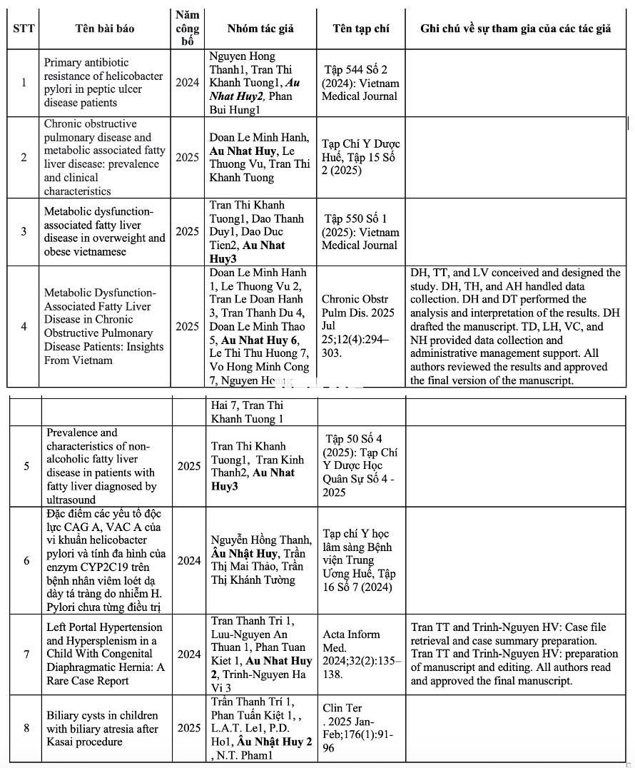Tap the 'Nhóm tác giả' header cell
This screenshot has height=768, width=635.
[x=260, y=29]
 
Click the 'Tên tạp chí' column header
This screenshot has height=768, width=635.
[x=361, y=29]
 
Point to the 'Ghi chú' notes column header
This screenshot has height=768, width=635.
[x=515, y=29]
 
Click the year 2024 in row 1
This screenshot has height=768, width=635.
[x=188, y=83]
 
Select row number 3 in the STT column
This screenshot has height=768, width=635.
[x=24, y=231]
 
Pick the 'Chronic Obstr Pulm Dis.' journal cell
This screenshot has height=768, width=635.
[x=360, y=326]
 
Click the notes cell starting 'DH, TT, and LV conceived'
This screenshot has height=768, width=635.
[x=515, y=326]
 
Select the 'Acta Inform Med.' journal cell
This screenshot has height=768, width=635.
[x=361, y=654]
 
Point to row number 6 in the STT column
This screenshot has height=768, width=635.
[x=26, y=560]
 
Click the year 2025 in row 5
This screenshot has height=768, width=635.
[x=189, y=466]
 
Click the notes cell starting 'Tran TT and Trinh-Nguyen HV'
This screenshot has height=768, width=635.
[x=515, y=654]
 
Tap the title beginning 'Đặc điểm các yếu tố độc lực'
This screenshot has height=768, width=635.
[x=104, y=560]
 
